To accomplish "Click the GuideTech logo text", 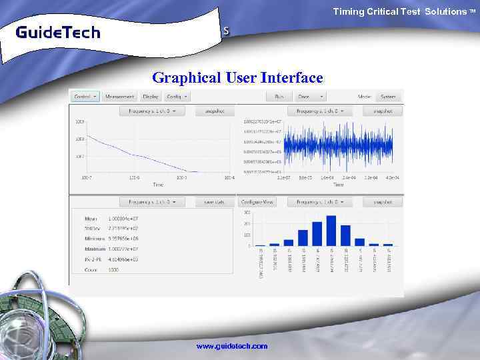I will pos(57,32).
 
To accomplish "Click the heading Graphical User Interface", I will pos(237,77).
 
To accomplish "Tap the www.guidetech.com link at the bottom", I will pos(231,346).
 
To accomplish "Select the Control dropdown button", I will pos(85,97).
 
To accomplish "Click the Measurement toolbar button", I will pos(119,97).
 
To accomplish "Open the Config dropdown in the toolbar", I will pos(177,97).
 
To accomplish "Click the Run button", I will pos(279,97).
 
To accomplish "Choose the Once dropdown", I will pos(308,97).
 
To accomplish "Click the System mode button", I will pos(388,97).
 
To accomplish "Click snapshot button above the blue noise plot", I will pos(383,111).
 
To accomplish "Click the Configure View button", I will pos(257,201).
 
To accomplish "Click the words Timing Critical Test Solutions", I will pos(399,11).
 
